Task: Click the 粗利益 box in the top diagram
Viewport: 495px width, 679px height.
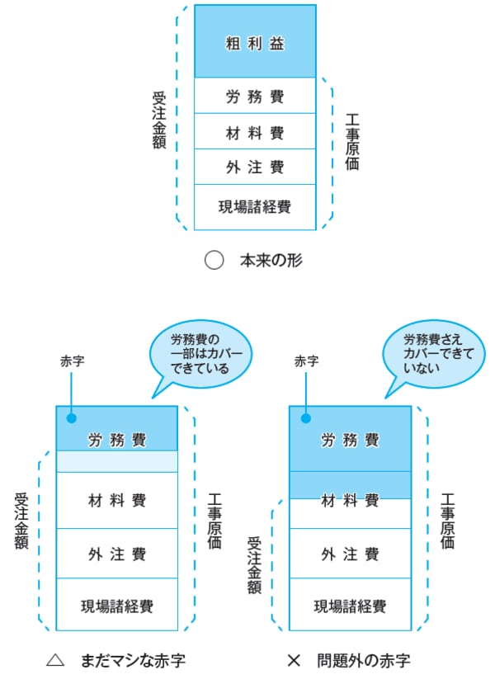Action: coord(254,43)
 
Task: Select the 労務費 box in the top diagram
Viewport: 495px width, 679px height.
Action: coord(254,96)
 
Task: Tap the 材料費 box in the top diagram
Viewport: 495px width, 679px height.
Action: coord(254,132)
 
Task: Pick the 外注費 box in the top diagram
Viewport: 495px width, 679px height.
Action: coord(254,167)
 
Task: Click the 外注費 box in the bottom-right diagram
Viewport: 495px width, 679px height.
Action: coord(350,554)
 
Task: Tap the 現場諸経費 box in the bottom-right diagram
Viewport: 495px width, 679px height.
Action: coord(350,606)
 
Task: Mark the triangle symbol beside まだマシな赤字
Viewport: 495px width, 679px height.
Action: coord(56,660)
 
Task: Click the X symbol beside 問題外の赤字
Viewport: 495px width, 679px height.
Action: coord(294,660)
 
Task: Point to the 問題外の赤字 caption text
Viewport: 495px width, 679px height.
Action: coord(363,660)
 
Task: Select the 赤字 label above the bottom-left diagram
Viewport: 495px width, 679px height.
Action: coord(72,361)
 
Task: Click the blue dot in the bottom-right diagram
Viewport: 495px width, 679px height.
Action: coord(304,417)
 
